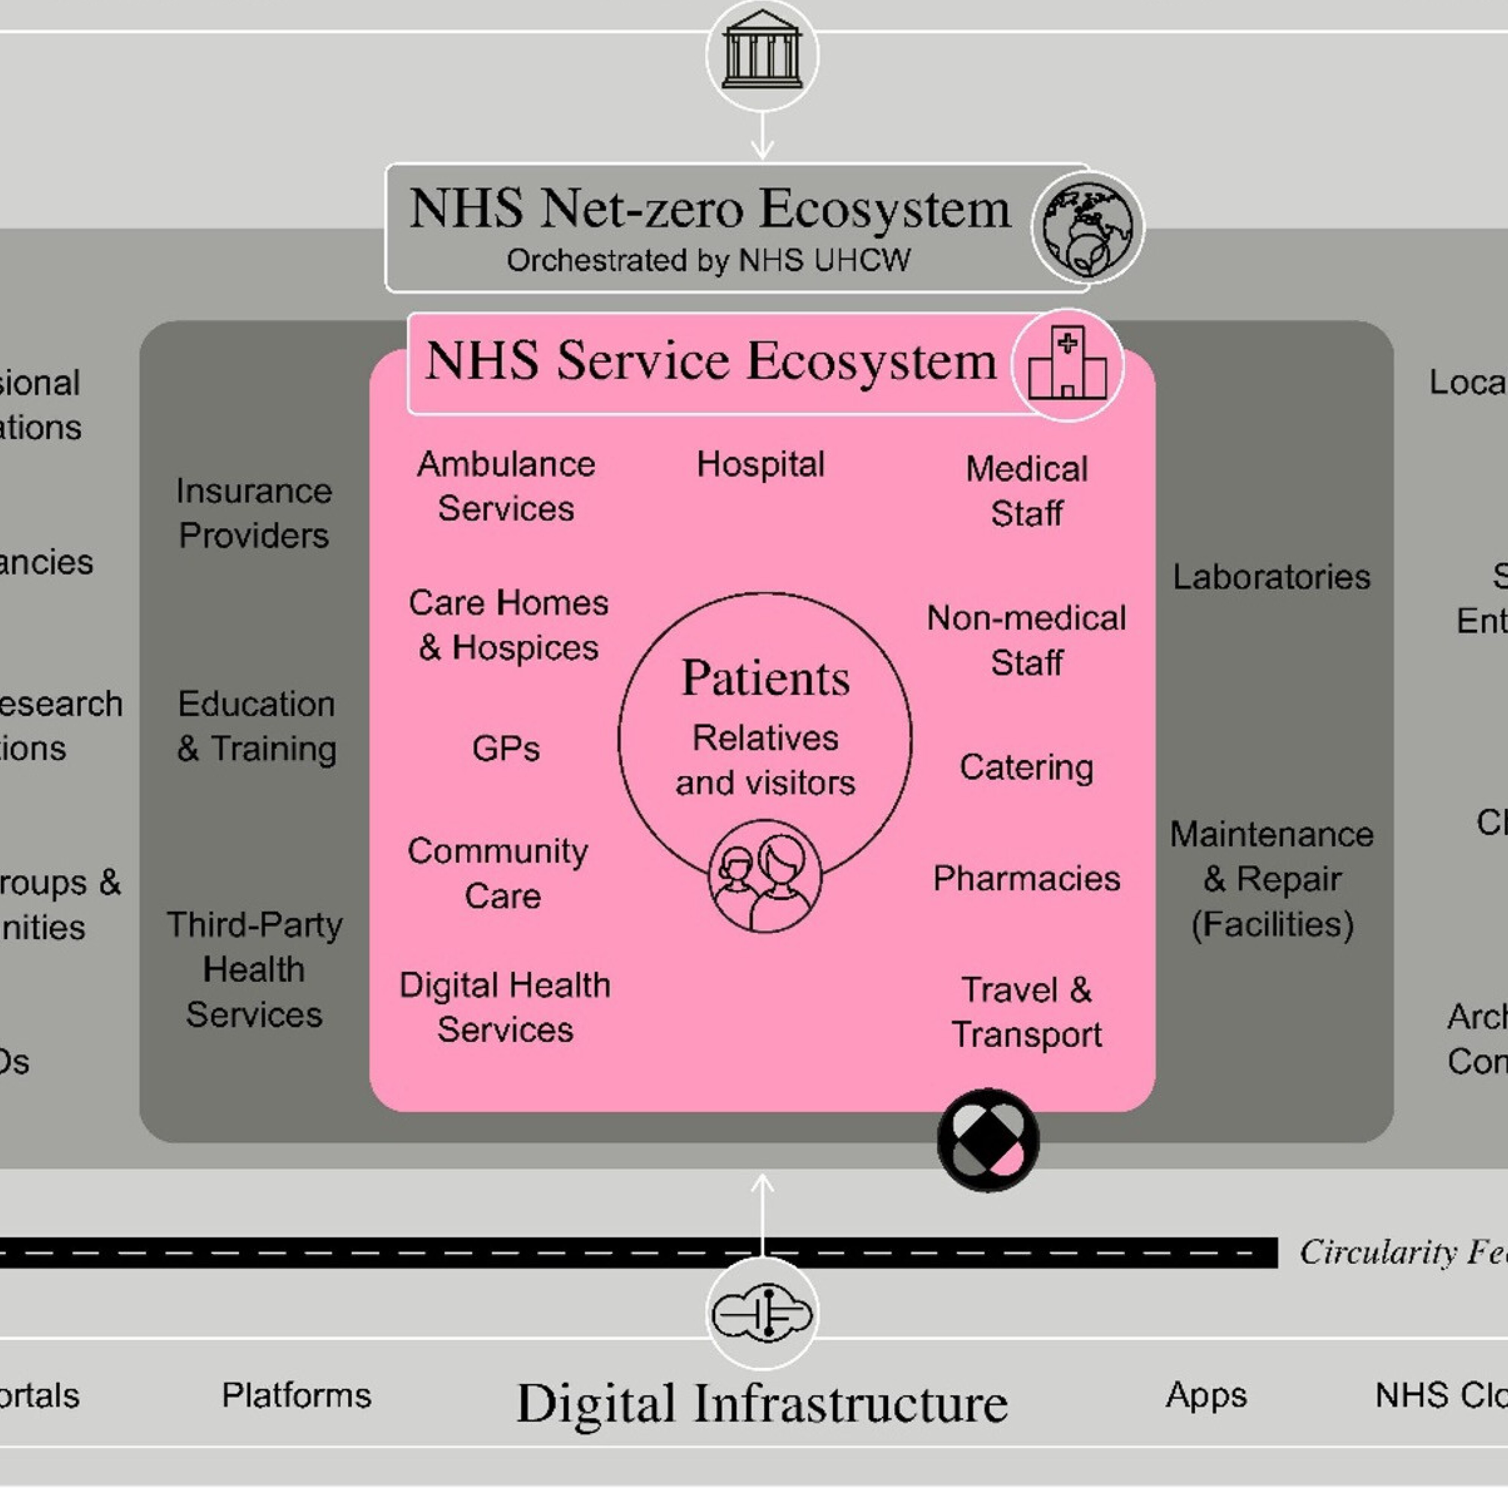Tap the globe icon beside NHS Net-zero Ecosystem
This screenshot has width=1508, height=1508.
1087,227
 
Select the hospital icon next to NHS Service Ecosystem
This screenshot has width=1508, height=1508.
1067,365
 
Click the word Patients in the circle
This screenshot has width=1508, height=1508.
765,677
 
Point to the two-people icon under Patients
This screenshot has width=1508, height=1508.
765,876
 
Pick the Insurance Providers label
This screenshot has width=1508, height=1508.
254,513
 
